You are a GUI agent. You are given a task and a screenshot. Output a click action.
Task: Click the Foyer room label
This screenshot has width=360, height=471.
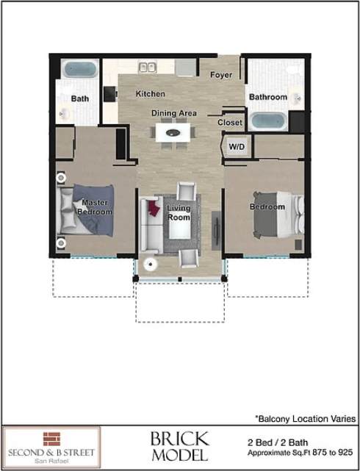(x=221, y=75)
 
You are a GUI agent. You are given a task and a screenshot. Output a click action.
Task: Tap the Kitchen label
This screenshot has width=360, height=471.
(x=150, y=94)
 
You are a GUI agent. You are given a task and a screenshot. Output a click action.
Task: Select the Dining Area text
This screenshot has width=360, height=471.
(x=173, y=113)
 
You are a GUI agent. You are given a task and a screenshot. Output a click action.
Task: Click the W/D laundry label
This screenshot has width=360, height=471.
(x=236, y=147)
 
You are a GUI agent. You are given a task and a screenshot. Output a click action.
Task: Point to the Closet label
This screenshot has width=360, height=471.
(x=230, y=123)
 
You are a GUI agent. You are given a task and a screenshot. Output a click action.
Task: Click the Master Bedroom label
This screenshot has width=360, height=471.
(x=96, y=207)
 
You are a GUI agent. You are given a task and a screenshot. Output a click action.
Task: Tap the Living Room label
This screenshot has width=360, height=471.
(x=179, y=213)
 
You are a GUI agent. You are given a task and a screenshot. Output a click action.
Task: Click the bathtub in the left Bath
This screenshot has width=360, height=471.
(x=79, y=70)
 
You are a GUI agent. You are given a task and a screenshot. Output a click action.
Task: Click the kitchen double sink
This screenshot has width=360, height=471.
(x=148, y=67)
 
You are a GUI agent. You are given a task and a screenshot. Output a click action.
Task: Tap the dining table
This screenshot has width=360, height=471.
(x=173, y=133)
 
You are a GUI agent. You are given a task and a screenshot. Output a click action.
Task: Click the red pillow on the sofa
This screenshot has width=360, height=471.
(x=154, y=208)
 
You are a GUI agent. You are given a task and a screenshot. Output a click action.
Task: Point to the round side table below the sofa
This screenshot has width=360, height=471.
(x=152, y=265)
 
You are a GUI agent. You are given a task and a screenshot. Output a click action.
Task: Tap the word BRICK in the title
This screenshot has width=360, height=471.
(x=179, y=440)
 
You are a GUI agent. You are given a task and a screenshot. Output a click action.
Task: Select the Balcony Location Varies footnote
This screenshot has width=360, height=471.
(x=305, y=417)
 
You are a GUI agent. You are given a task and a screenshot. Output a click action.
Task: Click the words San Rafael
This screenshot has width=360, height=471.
(x=52, y=461)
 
